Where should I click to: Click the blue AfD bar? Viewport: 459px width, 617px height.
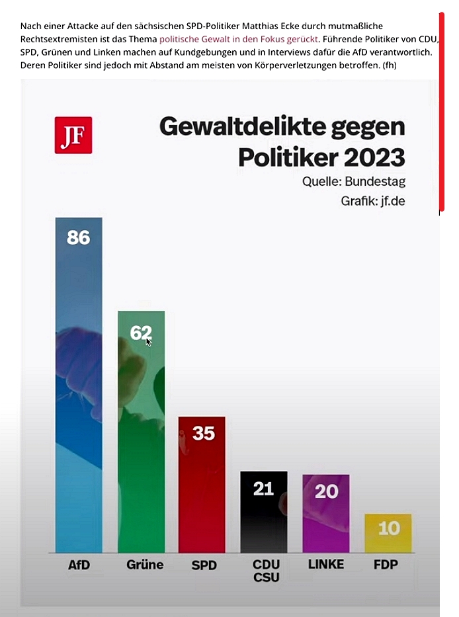pyautogui.click(x=79, y=397)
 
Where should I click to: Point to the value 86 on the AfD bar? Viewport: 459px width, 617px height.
pyautogui.click(x=79, y=237)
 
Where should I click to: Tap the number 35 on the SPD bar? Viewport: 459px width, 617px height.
pyautogui.click(x=203, y=433)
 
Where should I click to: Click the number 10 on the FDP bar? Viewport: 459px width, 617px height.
pyautogui.click(x=388, y=528)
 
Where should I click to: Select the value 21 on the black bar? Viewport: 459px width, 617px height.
pyautogui.click(x=263, y=489)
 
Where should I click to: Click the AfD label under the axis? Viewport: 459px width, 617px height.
pyautogui.click(x=79, y=565)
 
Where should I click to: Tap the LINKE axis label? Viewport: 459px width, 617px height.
pyautogui.click(x=326, y=565)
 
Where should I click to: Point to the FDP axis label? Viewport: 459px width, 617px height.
pyautogui.click(x=388, y=565)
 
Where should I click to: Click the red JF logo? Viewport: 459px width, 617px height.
pyautogui.click(x=73, y=135)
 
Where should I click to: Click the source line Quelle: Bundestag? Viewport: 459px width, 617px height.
pyautogui.click(x=354, y=182)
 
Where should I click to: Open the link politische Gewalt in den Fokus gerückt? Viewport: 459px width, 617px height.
pyautogui.click(x=239, y=39)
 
